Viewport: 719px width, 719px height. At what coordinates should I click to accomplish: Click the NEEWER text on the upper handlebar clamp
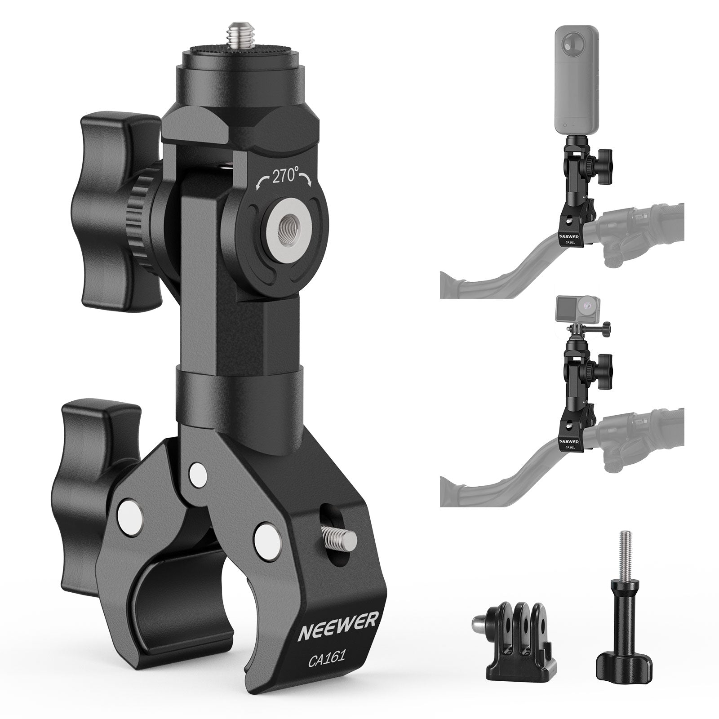570,235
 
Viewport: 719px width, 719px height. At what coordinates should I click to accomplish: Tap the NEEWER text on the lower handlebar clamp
570,440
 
